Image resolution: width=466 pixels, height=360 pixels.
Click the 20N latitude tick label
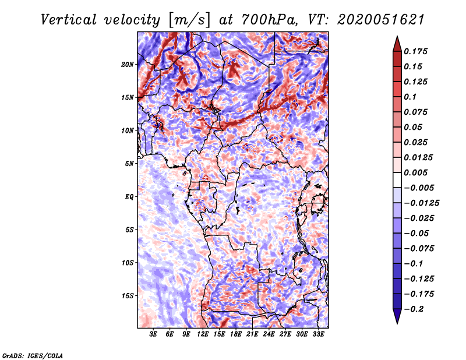click(128, 64)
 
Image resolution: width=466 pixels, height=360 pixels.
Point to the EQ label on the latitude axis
click(129, 196)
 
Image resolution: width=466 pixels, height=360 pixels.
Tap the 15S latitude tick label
click(128, 295)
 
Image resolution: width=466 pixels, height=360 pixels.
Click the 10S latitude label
click(128, 263)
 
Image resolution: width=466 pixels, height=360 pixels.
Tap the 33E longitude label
click(319, 335)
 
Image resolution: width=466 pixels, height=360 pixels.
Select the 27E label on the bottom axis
click(285, 335)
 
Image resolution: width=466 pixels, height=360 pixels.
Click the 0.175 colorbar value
click(417, 51)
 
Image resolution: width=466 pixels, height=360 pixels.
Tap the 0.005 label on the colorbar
click(417, 172)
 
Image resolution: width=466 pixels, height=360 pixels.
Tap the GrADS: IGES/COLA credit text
click(32, 355)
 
